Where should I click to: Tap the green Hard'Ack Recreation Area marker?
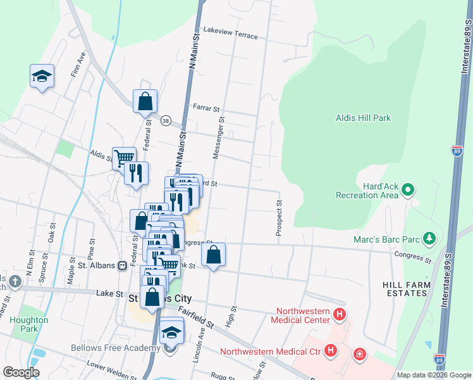[408, 189]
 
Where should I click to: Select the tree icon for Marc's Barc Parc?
[429, 238]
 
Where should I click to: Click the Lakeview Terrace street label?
[230, 33]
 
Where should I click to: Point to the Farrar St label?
[206, 108]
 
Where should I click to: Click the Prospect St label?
[278, 219]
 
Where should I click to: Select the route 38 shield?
[166, 120]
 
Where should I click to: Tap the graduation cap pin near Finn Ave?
[42, 77]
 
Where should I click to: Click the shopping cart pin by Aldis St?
[123, 158]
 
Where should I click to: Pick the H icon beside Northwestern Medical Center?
[340, 314]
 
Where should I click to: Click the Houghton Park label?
[28, 324]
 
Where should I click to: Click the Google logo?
[21, 372]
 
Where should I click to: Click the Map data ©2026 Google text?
[433, 375]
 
